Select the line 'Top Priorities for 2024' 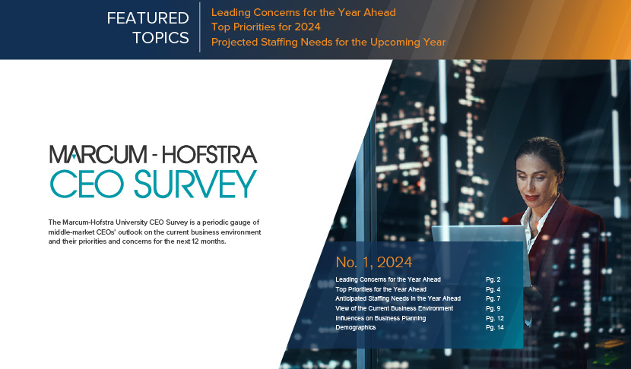pos(266,27)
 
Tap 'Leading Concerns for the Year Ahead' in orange pos(303,12)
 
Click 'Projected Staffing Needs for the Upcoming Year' pos(328,43)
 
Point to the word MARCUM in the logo pos(98,155)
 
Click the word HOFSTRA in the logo pos(210,155)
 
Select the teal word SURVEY pos(195,184)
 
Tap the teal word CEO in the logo pos(87,184)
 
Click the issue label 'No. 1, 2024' pos(374,262)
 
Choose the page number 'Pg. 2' pos(493,279)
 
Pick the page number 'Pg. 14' pos(495,327)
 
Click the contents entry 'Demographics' pos(356,327)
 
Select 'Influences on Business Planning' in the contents pos(381,318)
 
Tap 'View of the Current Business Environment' pos(395,308)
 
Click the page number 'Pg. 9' pos(493,308)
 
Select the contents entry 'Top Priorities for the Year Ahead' pos(381,289)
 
